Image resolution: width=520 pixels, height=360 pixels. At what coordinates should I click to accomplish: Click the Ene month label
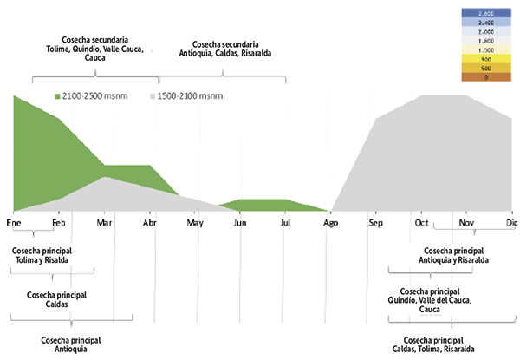14,222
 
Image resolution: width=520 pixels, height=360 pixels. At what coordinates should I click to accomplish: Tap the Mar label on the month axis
105,222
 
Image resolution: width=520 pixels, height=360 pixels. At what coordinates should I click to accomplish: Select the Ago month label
330,222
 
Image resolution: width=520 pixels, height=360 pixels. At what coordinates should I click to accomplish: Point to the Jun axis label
240,222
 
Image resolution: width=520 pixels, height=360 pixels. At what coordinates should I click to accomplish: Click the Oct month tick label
422,222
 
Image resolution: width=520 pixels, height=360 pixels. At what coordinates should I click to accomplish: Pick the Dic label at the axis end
510,222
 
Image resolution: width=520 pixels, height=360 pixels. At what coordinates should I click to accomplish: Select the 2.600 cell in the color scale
485,14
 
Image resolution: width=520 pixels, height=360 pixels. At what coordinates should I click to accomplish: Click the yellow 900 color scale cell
485,58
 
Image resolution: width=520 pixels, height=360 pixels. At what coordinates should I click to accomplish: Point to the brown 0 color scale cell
485,78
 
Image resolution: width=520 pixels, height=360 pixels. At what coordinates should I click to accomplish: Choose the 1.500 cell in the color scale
485,49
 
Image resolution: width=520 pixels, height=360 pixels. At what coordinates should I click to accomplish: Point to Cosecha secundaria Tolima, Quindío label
95,49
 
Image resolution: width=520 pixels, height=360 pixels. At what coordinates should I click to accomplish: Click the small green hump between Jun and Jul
262,205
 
